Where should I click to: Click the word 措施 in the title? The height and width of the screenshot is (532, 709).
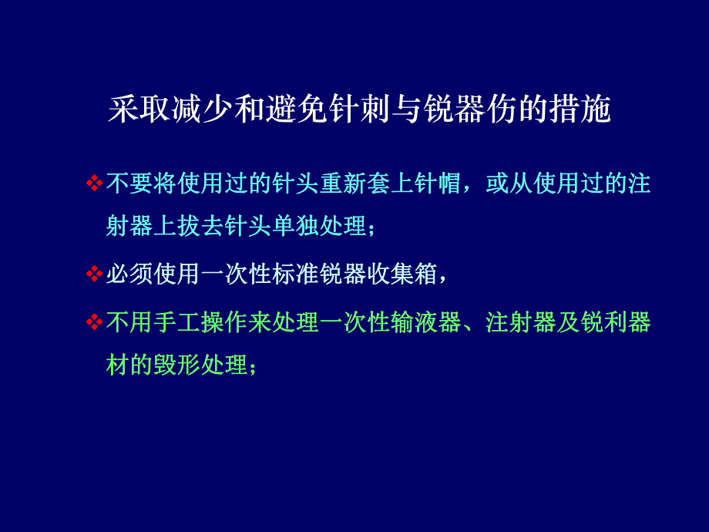[x=581, y=110]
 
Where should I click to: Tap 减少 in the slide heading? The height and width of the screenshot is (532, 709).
[x=203, y=110]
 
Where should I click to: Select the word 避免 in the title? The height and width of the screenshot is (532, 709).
[x=298, y=110]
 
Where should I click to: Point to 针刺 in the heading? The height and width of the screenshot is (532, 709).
[x=361, y=110]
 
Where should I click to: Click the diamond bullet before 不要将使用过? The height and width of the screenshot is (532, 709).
[x=93, y=184]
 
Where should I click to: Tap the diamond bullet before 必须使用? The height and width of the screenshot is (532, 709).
[x=93, y=274]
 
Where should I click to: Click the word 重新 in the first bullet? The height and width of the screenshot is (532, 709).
[x=344, y=184]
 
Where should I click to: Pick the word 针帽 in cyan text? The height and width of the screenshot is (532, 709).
[x=439, y=184]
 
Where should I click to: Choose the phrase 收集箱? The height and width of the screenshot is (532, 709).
[x=403, y=274]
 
